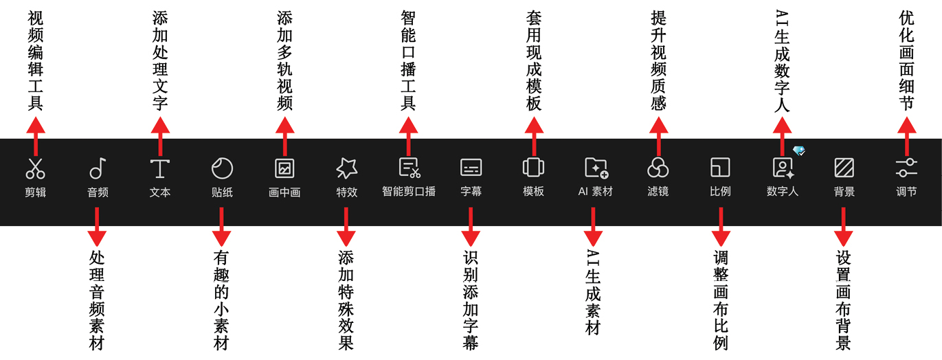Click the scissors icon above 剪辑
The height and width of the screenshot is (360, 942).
click(x=35, y=168)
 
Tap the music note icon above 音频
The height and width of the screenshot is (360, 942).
click(x=98, y=168)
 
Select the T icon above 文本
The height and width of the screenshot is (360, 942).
click(x=159, y=168)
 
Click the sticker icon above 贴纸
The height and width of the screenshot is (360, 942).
click(x=222, y=168)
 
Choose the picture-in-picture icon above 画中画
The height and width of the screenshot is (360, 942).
click(x=284, y=168)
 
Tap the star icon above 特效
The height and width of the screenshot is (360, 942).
click(x=346, y=168)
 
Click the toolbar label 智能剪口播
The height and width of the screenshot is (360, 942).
click(x=409, y=192)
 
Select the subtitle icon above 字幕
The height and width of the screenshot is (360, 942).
click(x=471, y=168)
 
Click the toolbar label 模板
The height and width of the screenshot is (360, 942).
click(x=533, y=192)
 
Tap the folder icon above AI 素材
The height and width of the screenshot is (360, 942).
click(x=596, y=168)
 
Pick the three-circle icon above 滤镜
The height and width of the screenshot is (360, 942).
click(x=658, y=168)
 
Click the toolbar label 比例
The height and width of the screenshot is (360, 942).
click(x=720, y=192)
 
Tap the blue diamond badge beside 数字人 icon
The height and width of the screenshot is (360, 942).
click(x=798, y=150)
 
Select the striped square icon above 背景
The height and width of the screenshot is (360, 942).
click(x=844, y=168)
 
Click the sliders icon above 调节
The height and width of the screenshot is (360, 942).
click(x=906, y=168)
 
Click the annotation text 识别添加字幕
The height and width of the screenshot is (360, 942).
click(x=471, y=299)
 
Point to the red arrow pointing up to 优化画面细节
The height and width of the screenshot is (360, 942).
click(x=906, y=134)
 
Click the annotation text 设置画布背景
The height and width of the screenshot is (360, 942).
click(x=844, y=300)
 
